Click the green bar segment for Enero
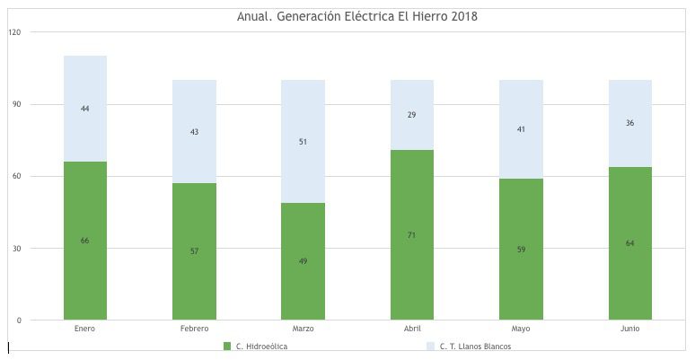[85, 241]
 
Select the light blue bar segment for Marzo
[303, 142]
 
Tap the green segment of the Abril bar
[412, 234]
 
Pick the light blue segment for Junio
[629, 123]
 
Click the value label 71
[412, 235]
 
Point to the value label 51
[303, 142]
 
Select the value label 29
[412, 115]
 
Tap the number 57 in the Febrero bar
[194, 251]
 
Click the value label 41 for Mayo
[521, 129]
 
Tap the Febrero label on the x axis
[194, 329]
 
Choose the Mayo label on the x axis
[521, 329]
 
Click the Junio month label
[629, 329]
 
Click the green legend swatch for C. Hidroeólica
[227, 347]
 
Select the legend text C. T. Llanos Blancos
[475, 347]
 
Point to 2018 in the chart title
[464, 16]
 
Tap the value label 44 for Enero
[85, 109]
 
